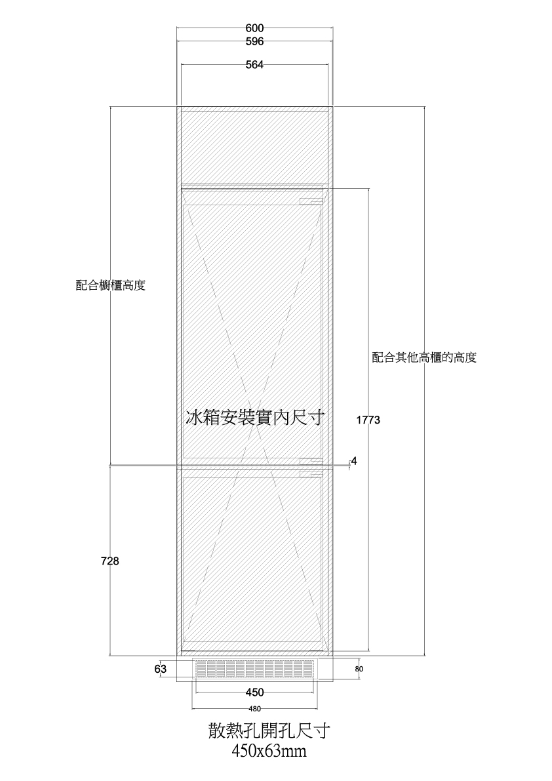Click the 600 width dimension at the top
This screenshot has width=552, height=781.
point(254,29)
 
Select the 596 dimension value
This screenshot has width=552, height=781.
point(254,42)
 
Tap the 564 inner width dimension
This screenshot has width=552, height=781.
point(254,65)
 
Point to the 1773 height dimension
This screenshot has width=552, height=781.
point(368,420)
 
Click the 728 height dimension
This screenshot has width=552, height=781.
point(110,561)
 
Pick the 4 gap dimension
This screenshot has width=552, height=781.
point(354,461)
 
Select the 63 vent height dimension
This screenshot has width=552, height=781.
point(160,670)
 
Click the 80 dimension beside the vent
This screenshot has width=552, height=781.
point(359,669)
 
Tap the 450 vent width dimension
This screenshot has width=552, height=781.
point(255,692)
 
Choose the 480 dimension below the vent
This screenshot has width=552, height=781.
point(255,709)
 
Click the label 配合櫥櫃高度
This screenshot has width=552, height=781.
point(111,285)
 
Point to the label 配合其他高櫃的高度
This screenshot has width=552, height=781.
point(424,357)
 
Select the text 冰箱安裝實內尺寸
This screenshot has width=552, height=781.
point(254,418)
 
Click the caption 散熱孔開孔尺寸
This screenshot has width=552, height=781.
point(269,731)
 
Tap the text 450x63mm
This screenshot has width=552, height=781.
point(269,750)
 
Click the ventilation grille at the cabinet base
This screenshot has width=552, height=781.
point(255,669)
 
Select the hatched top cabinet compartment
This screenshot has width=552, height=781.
point(254,146)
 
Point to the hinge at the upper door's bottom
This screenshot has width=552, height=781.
point(311,461)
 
